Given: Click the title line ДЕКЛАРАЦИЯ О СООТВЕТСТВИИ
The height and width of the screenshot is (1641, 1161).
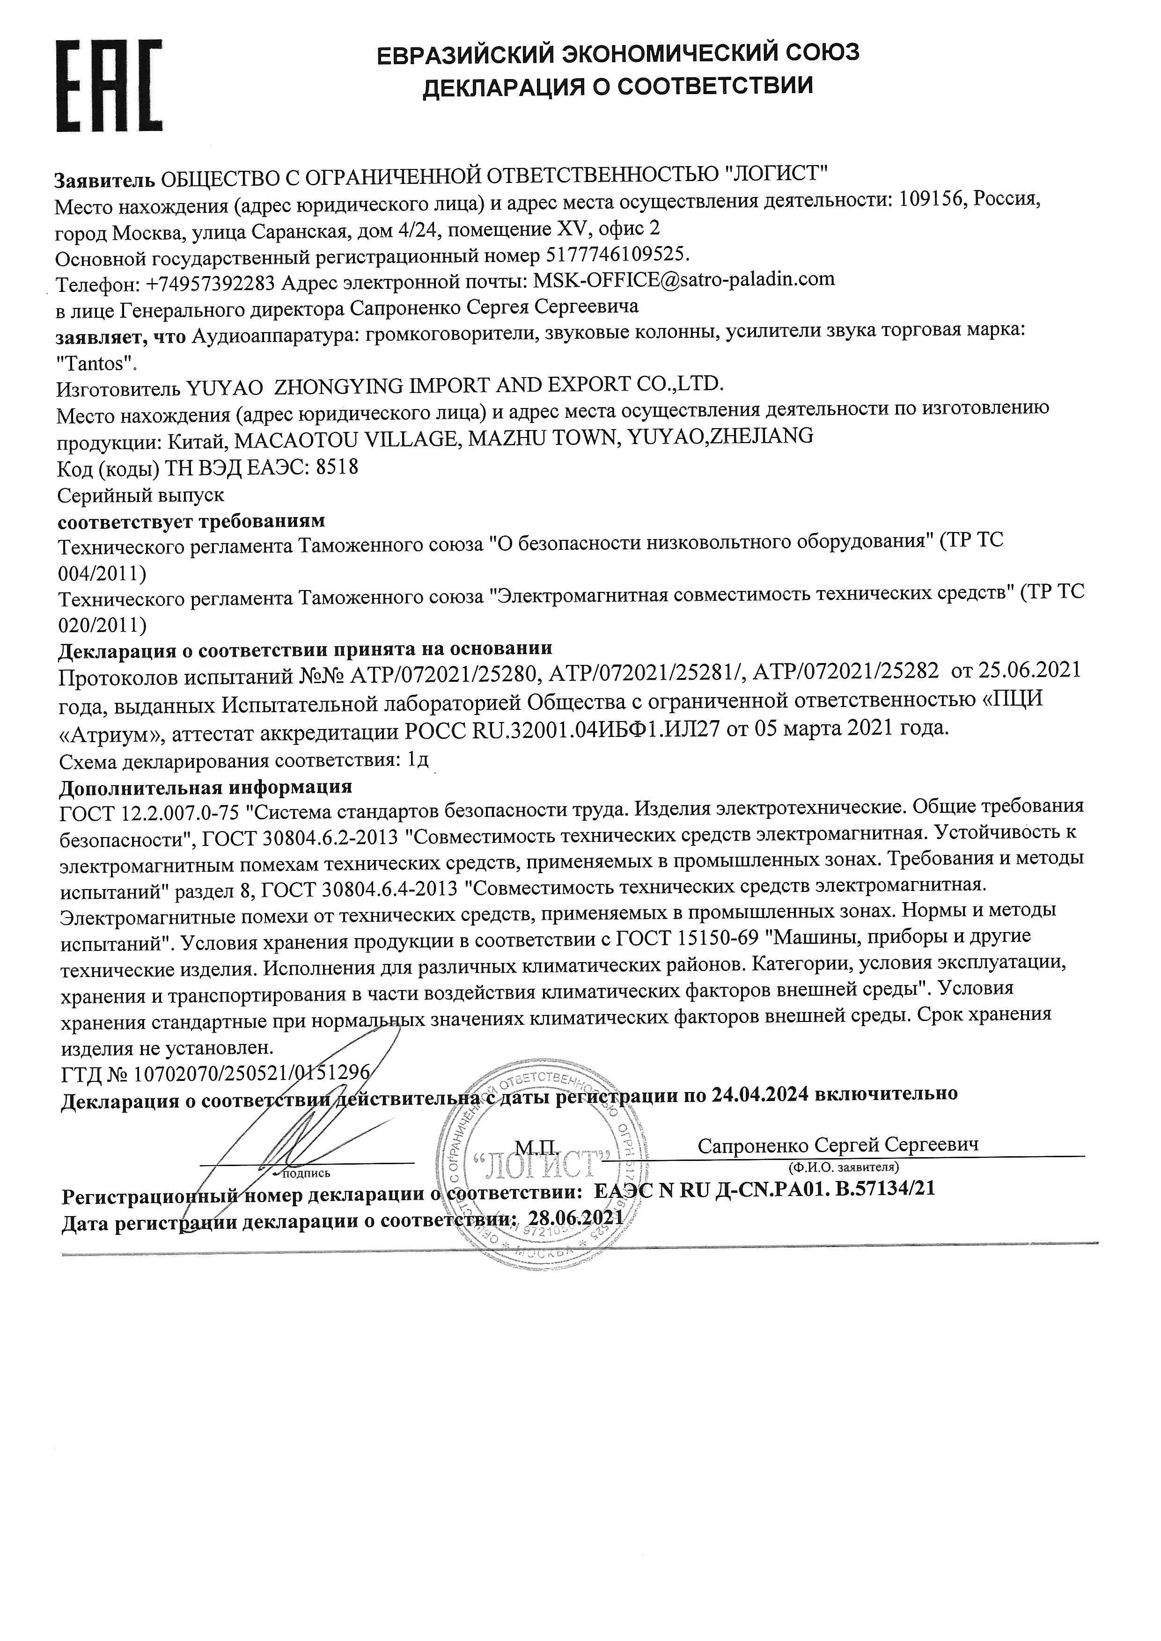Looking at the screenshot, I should [617, 87].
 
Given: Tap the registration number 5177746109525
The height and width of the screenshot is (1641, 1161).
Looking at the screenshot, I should [616, 255].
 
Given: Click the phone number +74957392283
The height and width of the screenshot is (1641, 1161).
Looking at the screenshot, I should [210, 283].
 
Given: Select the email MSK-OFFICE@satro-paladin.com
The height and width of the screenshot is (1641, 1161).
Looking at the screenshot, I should [683, 279].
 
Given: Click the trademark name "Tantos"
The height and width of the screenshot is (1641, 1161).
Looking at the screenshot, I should [96, 364].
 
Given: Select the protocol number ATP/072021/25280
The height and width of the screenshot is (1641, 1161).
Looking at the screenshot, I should [448, 672].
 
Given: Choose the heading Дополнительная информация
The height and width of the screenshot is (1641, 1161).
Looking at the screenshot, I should [205, 787].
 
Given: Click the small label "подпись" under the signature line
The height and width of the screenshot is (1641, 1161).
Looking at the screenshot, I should [307, 1173].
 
